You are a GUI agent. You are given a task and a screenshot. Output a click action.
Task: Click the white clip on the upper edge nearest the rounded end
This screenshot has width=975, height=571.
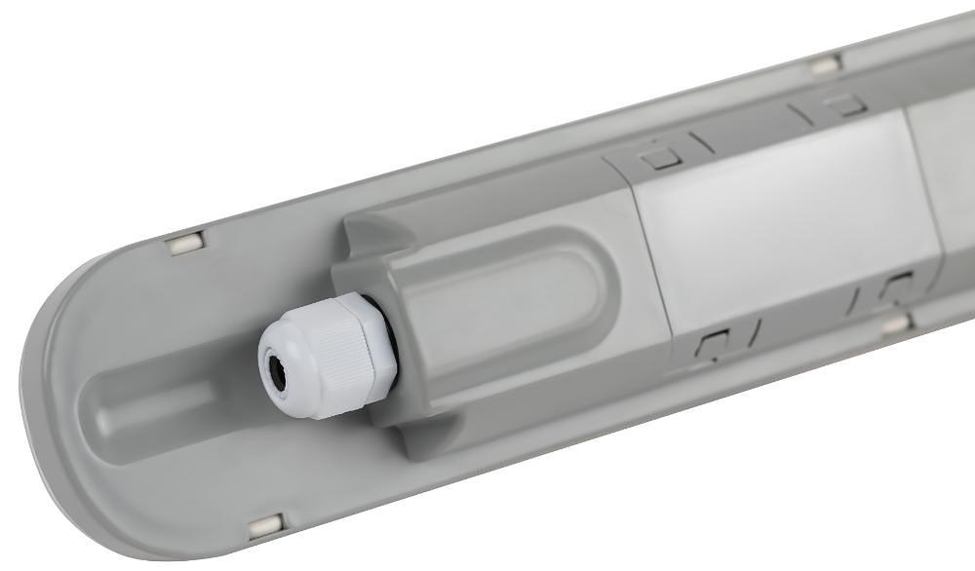pos(184,244)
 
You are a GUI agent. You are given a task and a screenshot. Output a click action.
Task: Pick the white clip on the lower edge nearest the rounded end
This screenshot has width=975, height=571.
pos(265,527)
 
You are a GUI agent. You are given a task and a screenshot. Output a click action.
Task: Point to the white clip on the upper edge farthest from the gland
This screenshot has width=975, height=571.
pos(825,65)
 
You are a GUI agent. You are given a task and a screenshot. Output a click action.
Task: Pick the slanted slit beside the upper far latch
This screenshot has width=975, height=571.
pos(801,115)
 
